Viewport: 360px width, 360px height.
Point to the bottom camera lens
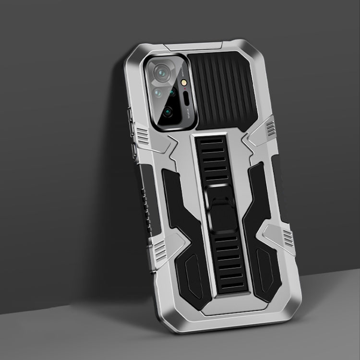click(x=167, y=112)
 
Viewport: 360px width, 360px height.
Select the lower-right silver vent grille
click(x=287, y=235)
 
